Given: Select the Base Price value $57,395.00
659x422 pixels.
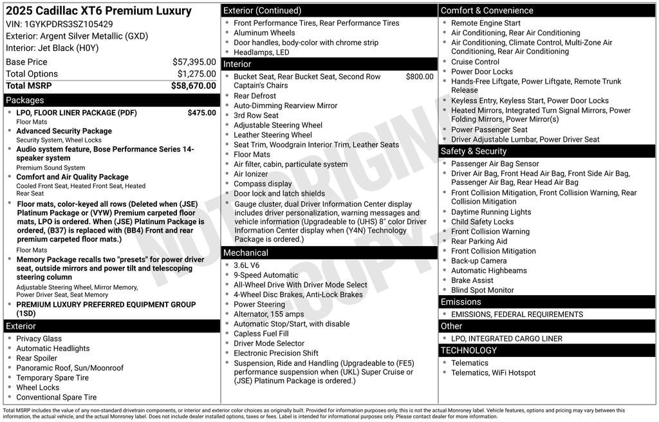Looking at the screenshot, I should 194,62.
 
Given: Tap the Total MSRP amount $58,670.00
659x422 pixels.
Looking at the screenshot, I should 193,85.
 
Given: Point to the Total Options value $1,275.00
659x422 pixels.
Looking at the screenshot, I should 196,73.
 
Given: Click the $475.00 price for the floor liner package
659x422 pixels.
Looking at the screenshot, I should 201,113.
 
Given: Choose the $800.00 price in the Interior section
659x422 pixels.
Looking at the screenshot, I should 420,77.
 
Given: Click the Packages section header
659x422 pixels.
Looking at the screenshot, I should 25,101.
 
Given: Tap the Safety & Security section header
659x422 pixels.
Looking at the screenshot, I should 474,151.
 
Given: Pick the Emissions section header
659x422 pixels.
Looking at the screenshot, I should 461,302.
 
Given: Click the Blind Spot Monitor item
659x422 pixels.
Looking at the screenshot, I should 482,290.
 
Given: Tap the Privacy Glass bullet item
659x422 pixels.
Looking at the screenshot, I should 39,339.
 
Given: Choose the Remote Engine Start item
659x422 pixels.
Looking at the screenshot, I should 486,23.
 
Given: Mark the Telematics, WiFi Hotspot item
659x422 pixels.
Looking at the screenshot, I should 493,372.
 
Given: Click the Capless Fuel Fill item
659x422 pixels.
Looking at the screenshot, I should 261,334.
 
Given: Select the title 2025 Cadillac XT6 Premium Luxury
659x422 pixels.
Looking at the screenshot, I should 98,11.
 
